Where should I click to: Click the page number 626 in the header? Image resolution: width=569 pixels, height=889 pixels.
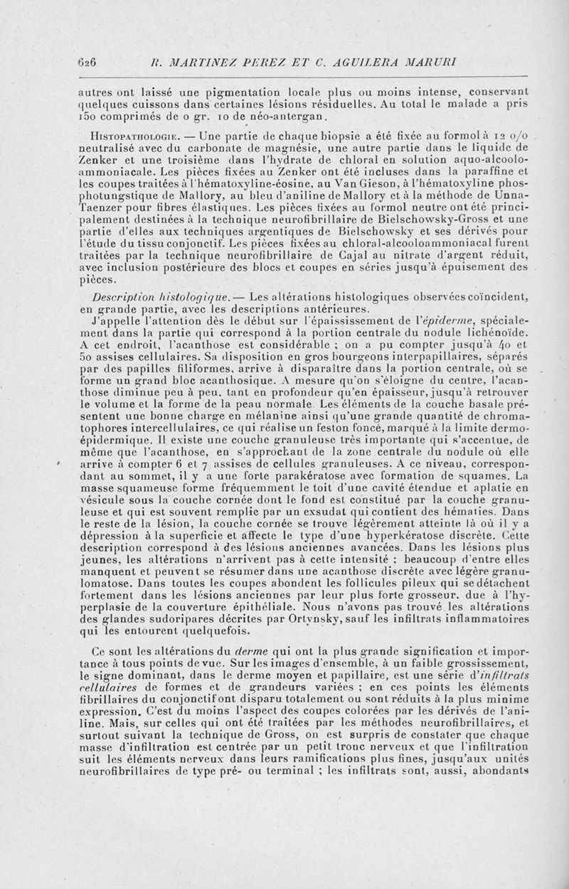87,62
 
